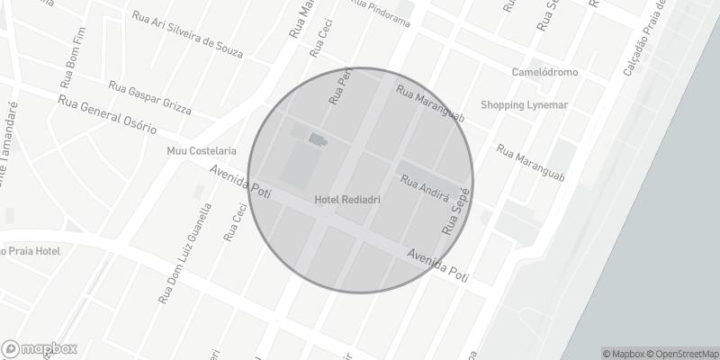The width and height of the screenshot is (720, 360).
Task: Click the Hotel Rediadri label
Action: (347, 200)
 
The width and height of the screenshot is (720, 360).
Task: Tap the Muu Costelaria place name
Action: (202, 150)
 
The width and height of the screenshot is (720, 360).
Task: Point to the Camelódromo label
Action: (544, 72)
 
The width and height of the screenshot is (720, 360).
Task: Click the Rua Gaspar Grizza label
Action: (149, 98)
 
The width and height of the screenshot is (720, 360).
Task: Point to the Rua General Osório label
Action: (107, 115)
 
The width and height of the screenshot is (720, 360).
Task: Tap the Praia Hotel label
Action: (32, 250)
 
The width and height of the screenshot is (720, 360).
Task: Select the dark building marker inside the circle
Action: (317, 139)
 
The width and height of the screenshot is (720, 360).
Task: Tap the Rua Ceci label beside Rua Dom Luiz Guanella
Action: (234, 222)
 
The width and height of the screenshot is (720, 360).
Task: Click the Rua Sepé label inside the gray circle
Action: (454, 213)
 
